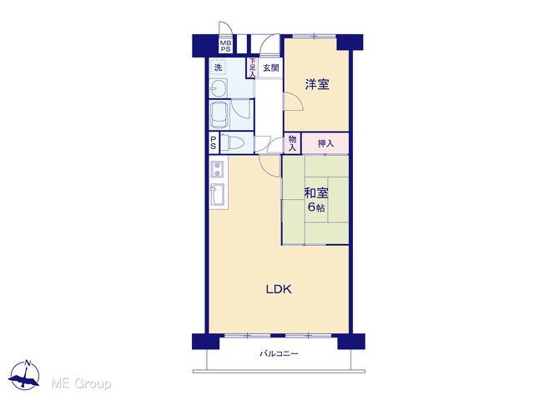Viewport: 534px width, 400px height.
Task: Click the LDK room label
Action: [x=279, y=289]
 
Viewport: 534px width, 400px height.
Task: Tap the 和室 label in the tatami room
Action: [x=316, y=192]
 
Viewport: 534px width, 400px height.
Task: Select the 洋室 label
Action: [x=317, y=84]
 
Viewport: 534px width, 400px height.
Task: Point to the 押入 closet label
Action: [x=325, y=143]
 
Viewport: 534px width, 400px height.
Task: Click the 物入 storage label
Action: [x=292, y=143]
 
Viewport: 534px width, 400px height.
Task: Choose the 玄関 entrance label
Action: [x=270, y=68]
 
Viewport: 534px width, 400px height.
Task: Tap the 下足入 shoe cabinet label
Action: [x=252, y=67]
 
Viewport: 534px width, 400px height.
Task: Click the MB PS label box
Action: [x=225, y=46]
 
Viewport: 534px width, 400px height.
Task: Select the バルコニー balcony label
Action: [x=279, y=353]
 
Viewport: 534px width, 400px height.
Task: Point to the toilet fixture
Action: [x=232, y=142]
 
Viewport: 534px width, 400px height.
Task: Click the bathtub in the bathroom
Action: [x=220, y=115]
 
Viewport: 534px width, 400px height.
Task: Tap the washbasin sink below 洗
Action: [x=219, y=89]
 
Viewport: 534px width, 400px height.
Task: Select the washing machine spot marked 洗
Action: [x=218, y=67]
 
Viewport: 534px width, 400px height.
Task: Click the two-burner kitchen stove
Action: [x=217, y=169]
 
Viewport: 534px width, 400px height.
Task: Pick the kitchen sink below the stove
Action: [x=217, y=195]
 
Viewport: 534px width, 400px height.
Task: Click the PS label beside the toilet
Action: [x=214, y=142]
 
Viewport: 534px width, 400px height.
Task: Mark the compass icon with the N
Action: [x=24, y=375]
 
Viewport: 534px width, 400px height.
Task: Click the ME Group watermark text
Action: [x=81, y=383]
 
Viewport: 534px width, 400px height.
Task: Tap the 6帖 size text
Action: [x=316, y=207]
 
